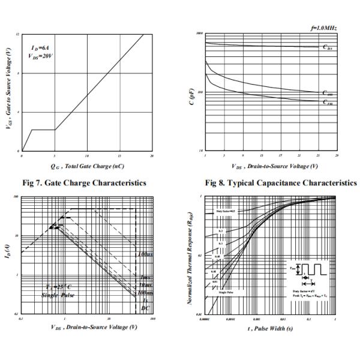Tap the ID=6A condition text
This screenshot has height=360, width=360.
[x=41, y=46]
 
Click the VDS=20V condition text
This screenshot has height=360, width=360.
[x=42, y=55]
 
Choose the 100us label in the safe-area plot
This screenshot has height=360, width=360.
[x=144, y=254]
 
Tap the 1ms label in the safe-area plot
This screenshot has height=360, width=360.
[x=145, y=277]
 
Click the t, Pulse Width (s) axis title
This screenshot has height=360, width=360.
[x=271, y=328]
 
